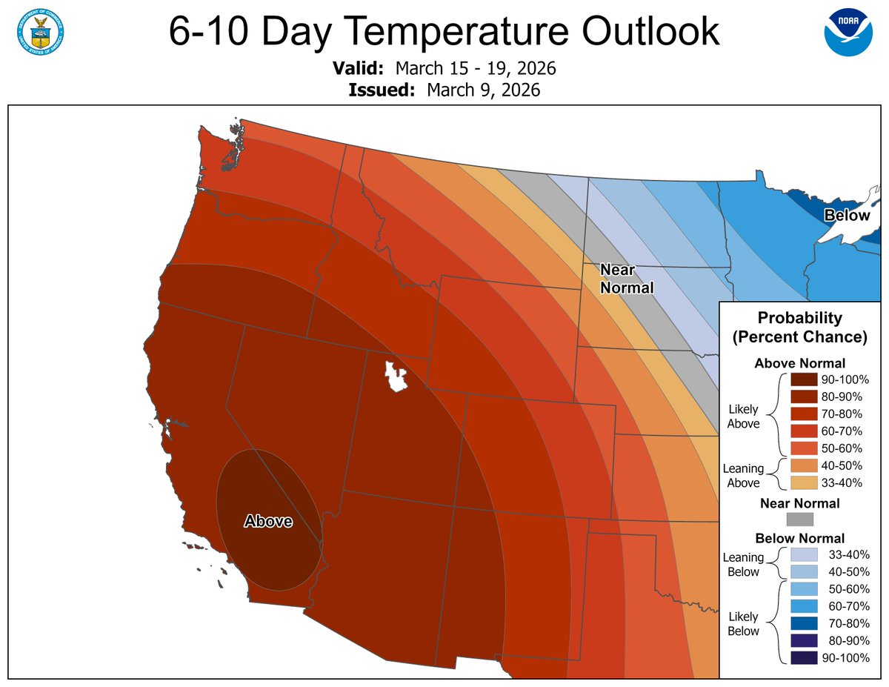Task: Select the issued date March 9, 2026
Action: point(483,90)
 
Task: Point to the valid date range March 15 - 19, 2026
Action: point(476,70)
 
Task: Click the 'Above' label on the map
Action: point(268,522)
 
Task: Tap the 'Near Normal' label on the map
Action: point(627,279)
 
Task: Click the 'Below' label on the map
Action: point(848,216)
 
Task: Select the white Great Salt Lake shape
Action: point(397,376)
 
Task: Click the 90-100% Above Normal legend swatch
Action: point(803,379)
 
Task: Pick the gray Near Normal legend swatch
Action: point(799,520)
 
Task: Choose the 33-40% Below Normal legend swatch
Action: point(803,554)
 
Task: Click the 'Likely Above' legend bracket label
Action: point(743,416)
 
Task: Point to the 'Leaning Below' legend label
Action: point(743,565)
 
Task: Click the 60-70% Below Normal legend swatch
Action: point(803,606)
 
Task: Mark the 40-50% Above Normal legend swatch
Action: point(803,466)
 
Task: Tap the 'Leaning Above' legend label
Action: point(743,476)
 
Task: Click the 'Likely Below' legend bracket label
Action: point(743,624)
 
